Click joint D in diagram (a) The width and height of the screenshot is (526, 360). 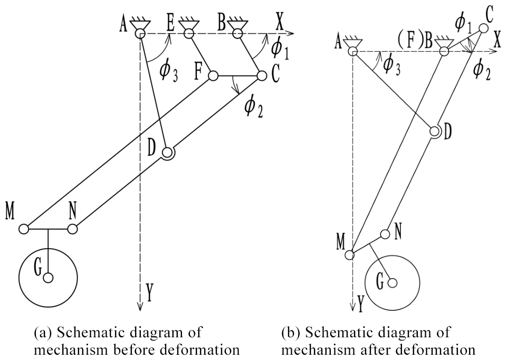(168, 153)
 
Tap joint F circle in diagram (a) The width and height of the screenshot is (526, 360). (213, 76)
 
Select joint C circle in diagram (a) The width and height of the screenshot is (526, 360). (261, 76)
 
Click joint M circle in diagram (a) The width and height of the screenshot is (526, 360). (24, 229)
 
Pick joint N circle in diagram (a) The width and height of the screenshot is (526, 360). (72, 229)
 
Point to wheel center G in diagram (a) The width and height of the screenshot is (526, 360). (48, 278)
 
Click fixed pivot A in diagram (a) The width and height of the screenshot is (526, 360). (140, 34)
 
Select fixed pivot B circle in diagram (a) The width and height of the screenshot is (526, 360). (237, 34)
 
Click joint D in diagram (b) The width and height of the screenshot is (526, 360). (435, 131)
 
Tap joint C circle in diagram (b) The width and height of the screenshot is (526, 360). (483, 27)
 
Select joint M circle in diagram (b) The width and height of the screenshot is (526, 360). (349, 255)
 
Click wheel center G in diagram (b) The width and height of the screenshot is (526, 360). (392, 283)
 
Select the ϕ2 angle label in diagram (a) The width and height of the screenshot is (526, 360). (252, 107)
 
